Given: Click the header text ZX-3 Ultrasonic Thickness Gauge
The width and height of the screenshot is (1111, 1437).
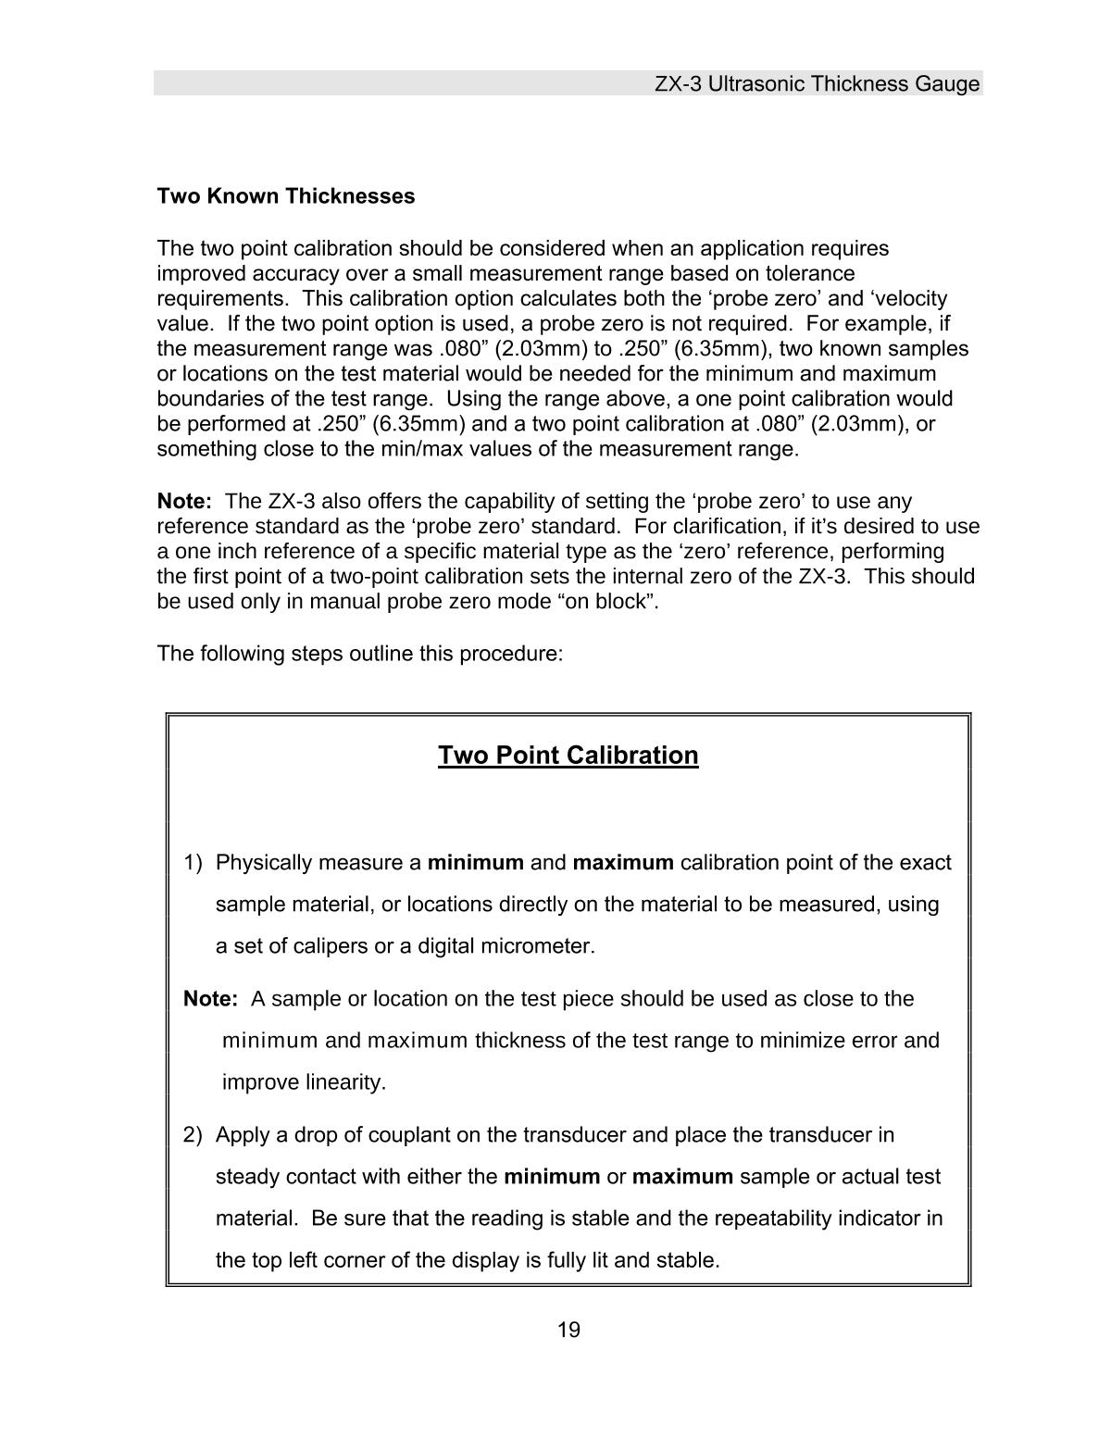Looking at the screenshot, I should click(x=817, y=84).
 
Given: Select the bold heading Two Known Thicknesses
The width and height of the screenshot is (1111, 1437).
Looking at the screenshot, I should click(x=286, y=196).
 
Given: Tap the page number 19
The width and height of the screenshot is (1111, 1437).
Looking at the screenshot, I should click(x=568, y=1331).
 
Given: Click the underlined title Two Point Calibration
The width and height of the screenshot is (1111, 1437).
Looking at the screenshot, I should click(x=568, y=756).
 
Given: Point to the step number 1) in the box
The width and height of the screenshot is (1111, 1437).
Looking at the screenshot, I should click(x=193, y=863).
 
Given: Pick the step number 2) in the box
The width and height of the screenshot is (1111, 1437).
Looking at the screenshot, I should click(x=193, y=1135).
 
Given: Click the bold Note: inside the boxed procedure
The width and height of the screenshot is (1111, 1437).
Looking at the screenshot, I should click(x=211, y=999).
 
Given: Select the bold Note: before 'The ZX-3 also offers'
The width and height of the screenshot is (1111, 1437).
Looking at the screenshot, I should click(x=184, y=502).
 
